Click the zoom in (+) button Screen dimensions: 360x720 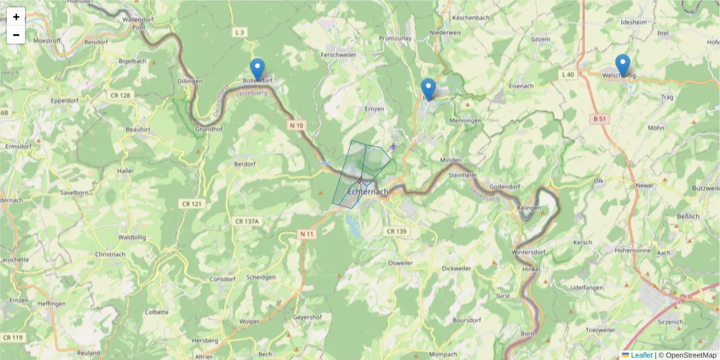click(16, 17)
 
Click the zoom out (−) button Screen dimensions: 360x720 click(16, 35)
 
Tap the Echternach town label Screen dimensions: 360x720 click(368, 192)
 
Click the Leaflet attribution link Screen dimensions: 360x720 click(641, 355)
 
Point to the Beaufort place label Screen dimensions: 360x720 click(137, 129)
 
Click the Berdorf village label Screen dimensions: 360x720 click(244, 164)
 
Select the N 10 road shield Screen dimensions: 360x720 click(296, 125)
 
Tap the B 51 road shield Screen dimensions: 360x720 click(600, 119)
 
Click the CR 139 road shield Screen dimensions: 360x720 click(396, 232)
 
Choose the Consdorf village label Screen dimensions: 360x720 click(223, 279)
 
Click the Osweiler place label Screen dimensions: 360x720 click(401, 263)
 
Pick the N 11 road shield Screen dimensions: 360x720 click(306, 233)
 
